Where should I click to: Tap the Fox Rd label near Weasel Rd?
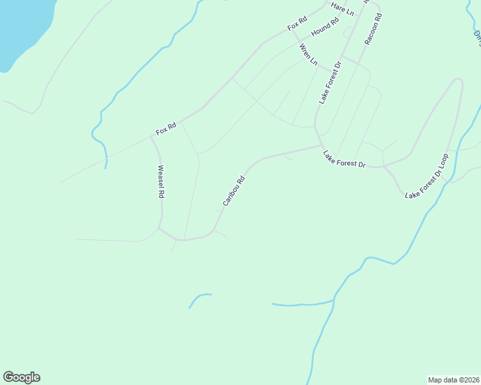[166, 128]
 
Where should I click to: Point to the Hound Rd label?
[325, 28]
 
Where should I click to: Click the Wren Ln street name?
[309, 55]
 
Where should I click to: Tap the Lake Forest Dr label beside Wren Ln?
[329, 83]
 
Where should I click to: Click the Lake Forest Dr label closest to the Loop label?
[344, 159]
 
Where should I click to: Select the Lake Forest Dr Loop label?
[426, 175]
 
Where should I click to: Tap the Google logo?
[21, 377]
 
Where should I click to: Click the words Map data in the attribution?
[444, 379]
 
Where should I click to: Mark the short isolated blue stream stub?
[199, 298]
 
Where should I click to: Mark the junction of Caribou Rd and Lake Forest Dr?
[322, 146]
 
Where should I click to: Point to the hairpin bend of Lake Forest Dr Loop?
[457, 80]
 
